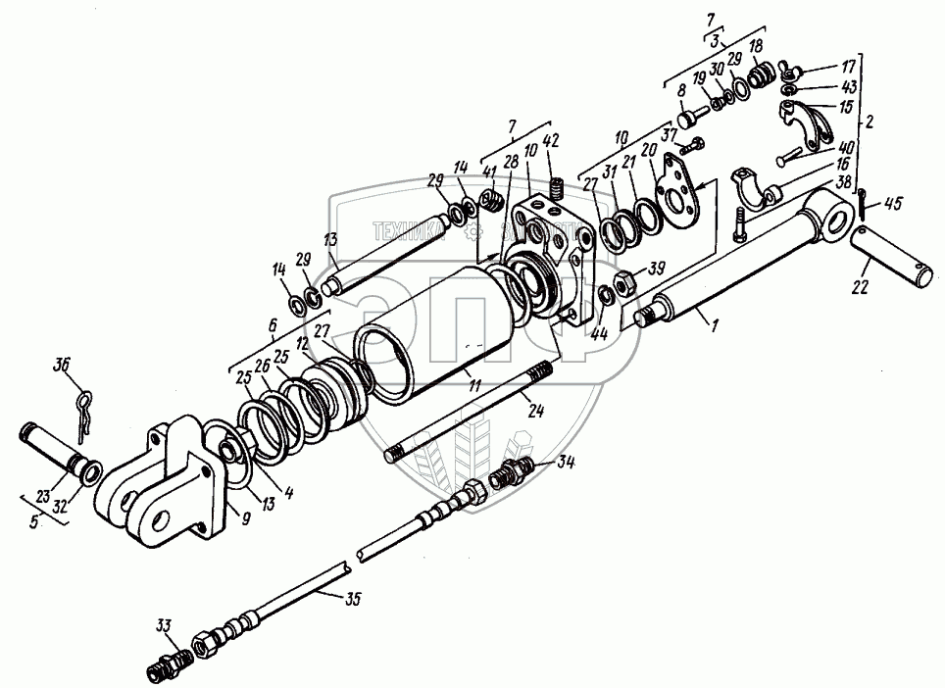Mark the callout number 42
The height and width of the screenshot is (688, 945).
click(x=553, y=141)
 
